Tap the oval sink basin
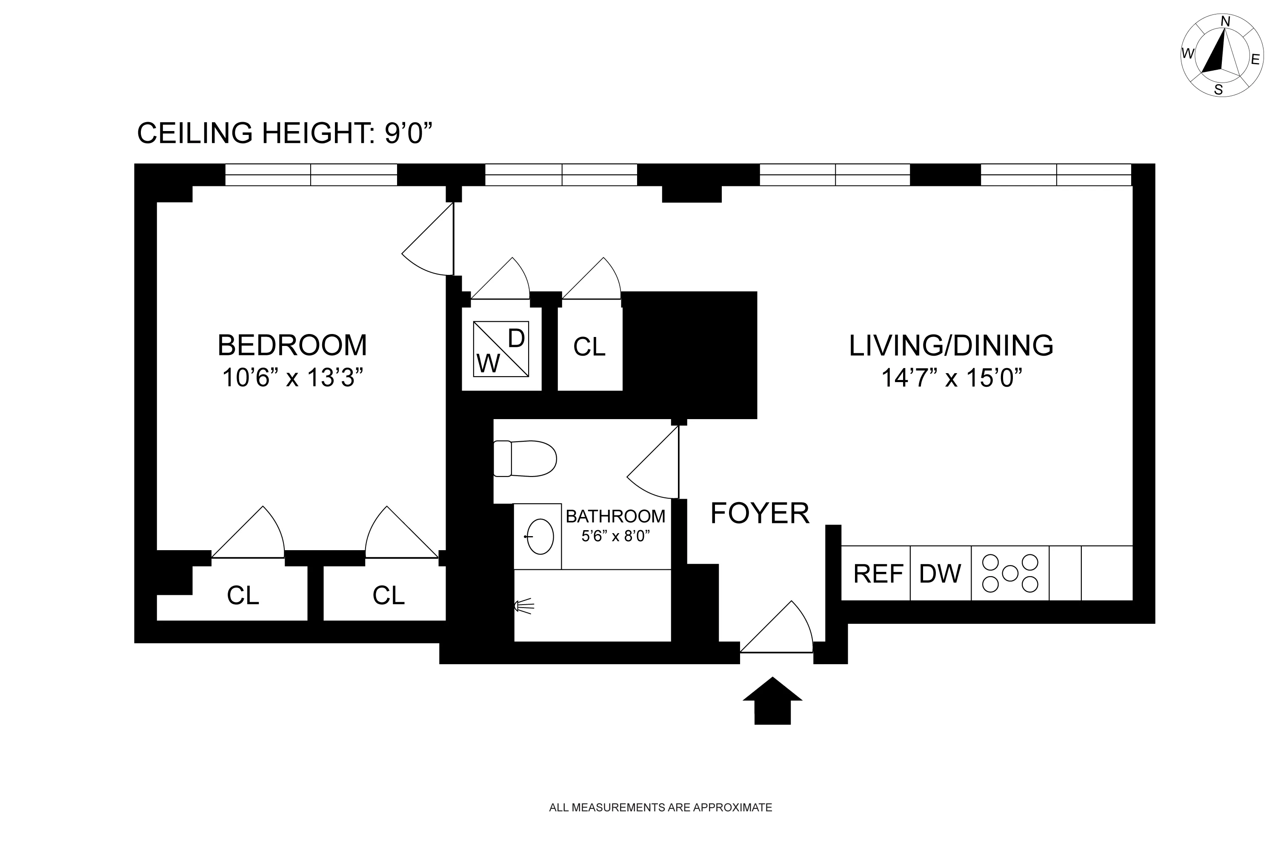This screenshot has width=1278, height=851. click(540, 536)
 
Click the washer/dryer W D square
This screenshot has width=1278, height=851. click(500, 348)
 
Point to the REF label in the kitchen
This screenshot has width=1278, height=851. click(878, 574)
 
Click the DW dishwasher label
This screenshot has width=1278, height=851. click(940, 574)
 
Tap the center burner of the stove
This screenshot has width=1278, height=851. click(1010, 573)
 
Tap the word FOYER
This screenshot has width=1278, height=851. click(760, 514)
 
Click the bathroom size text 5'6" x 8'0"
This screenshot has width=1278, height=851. click(615, 536)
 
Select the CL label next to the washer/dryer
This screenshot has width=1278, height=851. click(589, 347)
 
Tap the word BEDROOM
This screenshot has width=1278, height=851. click(292, 345)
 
